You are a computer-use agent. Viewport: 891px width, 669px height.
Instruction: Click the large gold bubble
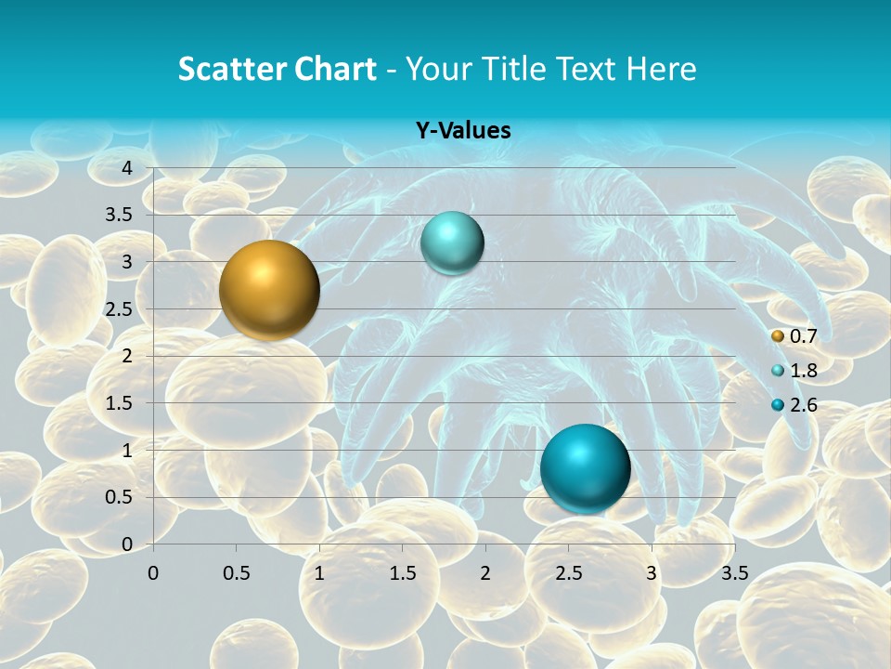[269, 290]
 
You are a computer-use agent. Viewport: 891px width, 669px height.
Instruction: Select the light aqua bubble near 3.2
[452, 243]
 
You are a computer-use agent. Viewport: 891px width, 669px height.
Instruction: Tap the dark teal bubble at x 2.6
[585, 467]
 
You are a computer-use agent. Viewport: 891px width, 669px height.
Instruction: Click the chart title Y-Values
[463, 131]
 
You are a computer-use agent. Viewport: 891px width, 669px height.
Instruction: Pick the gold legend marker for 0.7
[778, 335]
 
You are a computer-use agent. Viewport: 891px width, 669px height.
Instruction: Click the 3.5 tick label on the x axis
[734, 572]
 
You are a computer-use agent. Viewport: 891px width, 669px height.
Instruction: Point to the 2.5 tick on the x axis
[568, 572]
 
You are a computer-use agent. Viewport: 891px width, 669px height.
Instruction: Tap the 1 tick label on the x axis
[319, 572]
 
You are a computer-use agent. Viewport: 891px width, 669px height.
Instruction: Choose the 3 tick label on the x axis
[652, 572]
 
